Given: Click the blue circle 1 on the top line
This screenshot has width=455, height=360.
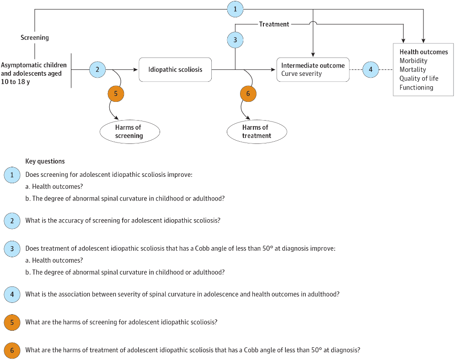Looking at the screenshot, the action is (x=235, y=9).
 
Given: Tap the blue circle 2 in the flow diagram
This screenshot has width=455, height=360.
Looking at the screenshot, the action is (x=97, y=69).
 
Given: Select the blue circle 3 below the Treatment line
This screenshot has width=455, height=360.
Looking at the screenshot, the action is (x=235, y=40).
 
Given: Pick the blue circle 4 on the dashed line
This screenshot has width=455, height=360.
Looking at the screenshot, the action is (x=370, y=69).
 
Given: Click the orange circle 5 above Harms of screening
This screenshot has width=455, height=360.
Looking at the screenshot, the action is (x=116, y=94).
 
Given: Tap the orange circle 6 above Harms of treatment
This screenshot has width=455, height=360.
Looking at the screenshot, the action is (x=248, y=94).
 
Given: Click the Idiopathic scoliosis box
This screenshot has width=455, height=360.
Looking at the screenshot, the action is (x=175, y=69).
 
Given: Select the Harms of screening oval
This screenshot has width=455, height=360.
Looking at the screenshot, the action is (x=130, y=132).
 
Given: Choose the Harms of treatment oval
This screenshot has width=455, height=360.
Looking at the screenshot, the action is (x=257, y=132).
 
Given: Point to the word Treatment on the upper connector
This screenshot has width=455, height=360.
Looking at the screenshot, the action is (x=274, y=24).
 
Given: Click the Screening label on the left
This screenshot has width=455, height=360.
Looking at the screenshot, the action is (x=35, y=37).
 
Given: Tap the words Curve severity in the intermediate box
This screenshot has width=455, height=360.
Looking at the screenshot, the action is (x=301, y=74).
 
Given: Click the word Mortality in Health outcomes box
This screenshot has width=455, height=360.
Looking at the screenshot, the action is (x=412, y=69).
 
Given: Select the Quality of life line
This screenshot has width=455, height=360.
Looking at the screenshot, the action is (x=419, y=79).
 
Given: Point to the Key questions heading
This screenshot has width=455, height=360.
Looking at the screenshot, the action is (x=45, y=161).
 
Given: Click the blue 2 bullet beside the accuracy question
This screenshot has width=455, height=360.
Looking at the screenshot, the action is (x=12, y=221).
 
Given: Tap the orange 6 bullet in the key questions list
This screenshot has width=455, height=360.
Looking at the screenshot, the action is (x=12, y=350).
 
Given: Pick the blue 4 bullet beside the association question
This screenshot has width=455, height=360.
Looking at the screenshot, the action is (x=12, y=294).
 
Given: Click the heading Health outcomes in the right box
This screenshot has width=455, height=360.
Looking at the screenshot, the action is (x=423, y=52).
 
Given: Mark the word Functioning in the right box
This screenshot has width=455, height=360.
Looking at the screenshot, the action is (x=416, y=88).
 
